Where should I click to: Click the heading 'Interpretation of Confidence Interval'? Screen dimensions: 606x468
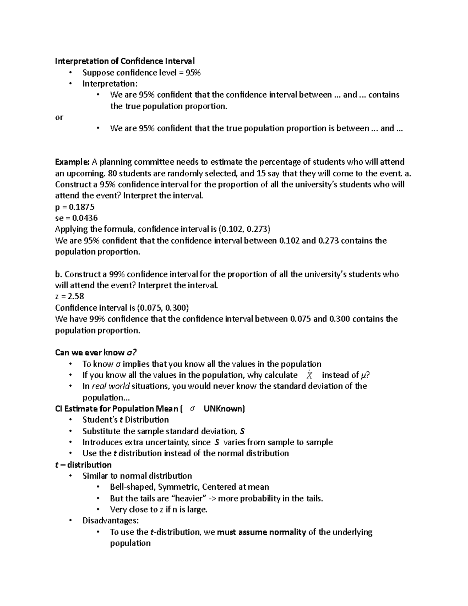(125, 61)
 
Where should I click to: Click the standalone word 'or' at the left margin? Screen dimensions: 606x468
(59, 117)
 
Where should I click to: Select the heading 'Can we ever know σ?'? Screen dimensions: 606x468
(96, 352)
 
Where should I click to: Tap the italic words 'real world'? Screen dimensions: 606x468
(111, 386)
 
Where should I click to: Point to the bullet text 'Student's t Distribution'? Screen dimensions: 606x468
(126, 419)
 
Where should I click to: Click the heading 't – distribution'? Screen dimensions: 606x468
(83, 465)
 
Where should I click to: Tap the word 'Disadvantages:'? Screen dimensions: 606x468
(110, 521)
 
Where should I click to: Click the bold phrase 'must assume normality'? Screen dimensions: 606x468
(261, 532)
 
